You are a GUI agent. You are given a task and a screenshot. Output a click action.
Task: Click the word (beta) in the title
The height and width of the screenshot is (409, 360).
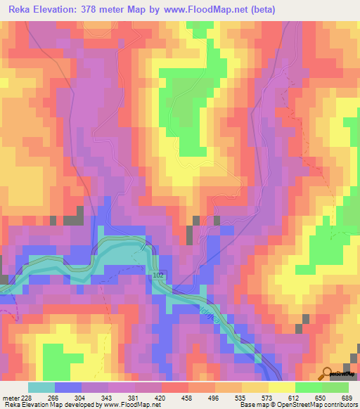270,10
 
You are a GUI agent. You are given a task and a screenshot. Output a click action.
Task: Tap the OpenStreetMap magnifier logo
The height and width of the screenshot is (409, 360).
327,375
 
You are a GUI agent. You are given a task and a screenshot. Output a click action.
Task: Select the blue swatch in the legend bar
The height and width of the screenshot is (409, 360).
67,387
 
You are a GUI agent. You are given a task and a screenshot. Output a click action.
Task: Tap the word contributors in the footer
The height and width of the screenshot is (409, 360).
341,405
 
